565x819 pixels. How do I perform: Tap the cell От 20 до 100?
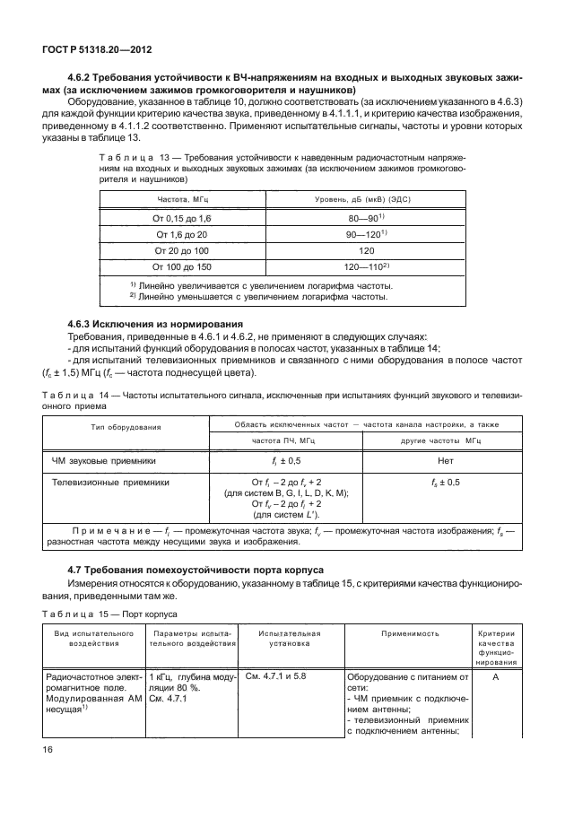click(x=182, y=250)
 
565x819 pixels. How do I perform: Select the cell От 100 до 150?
click(x=182, y=267)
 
